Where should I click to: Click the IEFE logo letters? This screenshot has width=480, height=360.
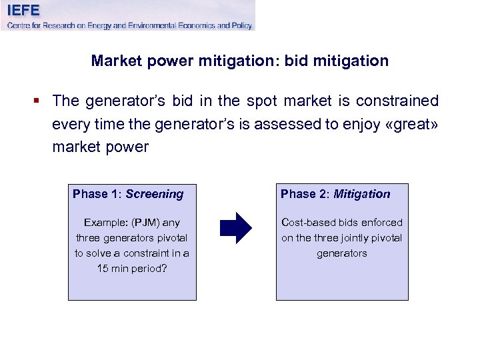point(23,10)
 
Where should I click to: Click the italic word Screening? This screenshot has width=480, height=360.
point(154,194)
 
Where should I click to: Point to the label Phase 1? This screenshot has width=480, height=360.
point(96,194)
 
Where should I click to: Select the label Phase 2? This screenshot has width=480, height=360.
point(304,194)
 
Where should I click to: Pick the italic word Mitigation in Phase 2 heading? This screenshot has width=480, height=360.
point(362,194)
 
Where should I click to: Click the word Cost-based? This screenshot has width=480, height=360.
point(309,223)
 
